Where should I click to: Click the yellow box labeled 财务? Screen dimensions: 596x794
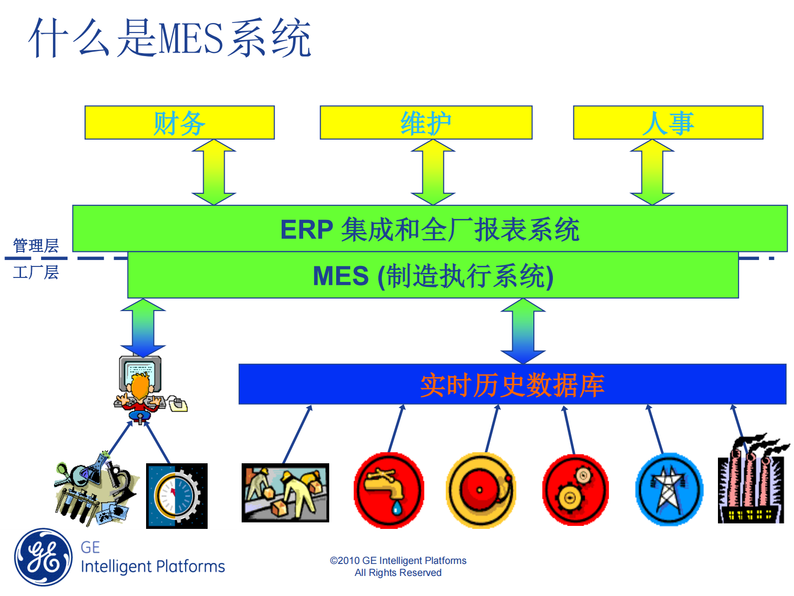pyautogui.click(x=179, y=123)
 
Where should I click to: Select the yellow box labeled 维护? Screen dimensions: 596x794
pyautogui.click(x=426, y=123)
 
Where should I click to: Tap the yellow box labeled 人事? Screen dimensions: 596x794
pyautogui.click(x=668, y=123)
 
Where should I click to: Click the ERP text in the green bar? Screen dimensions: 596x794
pyautogui.click(x=306, y=230)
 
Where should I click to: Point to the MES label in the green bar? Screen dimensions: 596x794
pyautogui.click(x=340, y=276)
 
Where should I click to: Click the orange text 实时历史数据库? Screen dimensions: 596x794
pyautogui.click(x=512, y=385)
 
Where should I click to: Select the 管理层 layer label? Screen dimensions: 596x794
pyautogui.click(x=36, y=246)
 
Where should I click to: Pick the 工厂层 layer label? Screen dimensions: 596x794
pyautogui.click(x=36, y=272)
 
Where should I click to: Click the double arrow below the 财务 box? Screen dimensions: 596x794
pyautogui.click(x=214, y=172)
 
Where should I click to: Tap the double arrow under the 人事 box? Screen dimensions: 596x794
pyautogui.click(x=652, y=172)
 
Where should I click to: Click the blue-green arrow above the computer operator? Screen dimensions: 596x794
pyautogui.click(x=143, y=328)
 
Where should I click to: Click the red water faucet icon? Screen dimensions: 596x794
pyautogui.click(x=389, y=491)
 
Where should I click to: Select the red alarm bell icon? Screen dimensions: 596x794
pyautogui.click(x=480, y=491)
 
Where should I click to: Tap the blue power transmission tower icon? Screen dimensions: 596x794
pyautogui.click(x=669, y=490)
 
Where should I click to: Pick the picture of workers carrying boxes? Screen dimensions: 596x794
pyautogui.click(x=285, y=493)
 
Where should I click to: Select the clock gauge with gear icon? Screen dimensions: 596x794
pyautogui.click(x=177, y=496)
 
